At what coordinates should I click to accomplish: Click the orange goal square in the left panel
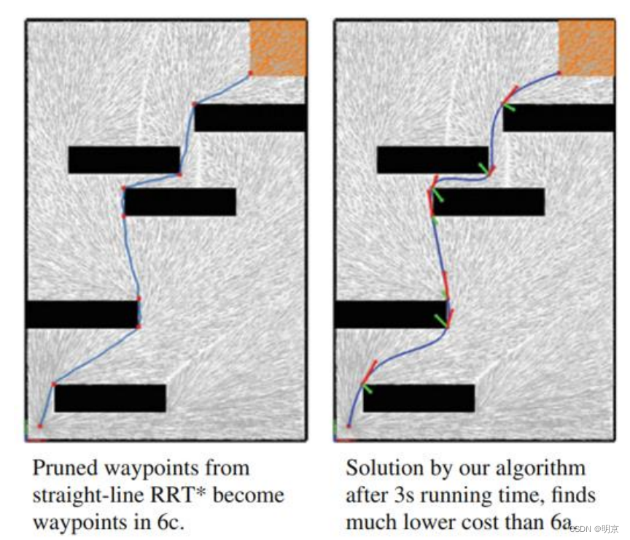(278, 47)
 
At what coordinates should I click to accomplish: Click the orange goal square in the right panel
(586, 47)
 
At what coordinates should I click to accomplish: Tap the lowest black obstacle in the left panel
(110, 398)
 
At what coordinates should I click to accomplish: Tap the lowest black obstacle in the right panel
(419, 398)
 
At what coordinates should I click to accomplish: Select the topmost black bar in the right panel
(559, 117)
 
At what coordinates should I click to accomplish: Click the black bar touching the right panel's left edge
(390, 314)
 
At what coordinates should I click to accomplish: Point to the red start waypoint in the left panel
(40, 425)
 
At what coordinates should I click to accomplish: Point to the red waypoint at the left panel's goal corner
(250, 73)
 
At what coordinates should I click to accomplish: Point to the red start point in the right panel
(349, 425)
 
